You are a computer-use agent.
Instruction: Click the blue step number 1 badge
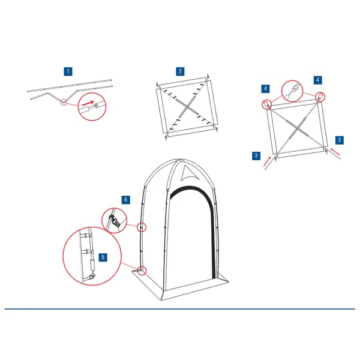[x=68, y=71]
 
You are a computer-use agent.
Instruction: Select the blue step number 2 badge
[x=180, y=71]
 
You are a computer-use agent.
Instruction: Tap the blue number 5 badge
[x=103, y=257]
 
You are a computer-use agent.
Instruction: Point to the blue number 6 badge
[x=125, y=200]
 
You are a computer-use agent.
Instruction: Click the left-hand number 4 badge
[x=265, y=89]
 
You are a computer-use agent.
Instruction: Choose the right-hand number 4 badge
[x=318, y=80]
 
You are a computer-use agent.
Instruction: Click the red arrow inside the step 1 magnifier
[x=88, y=104]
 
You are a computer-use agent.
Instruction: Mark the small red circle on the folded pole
[x=64, y=103]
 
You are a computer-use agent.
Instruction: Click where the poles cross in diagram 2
[x=188, y=106]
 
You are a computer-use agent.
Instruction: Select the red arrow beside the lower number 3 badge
[x=267, y=161]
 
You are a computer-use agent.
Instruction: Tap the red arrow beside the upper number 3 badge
[x=335, y=152]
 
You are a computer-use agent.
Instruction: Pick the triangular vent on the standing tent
[x=189, y=173]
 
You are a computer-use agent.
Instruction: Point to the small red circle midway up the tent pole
[x=142, y=227]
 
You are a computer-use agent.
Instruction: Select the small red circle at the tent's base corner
[x=142, y=271]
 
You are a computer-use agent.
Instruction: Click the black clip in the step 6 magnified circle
[x=116, y=223]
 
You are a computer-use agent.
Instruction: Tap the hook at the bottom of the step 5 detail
[x=92, y=276]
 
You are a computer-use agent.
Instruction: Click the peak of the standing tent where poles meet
[x=180, y=160]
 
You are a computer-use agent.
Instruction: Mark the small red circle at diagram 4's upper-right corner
[x=320, y=97]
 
